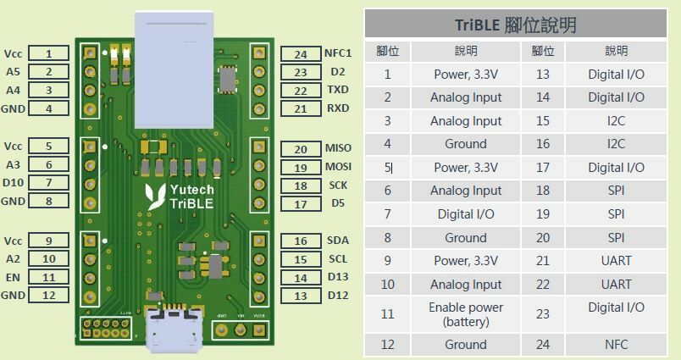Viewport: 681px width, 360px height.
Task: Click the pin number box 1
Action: point(49,54)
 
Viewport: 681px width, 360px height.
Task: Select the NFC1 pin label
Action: point(338,53)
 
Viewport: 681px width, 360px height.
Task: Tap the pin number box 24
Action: point(301,54)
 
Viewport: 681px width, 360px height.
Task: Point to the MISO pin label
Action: point(338,148)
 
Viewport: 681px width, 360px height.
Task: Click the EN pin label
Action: point(14,277)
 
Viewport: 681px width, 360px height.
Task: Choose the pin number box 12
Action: point(49,296)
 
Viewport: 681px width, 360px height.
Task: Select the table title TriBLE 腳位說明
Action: point(515,25)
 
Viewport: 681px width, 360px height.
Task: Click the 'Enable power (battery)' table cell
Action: point(465,314)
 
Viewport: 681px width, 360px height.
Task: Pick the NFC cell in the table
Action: point(616,345)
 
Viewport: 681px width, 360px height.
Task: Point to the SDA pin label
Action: point(337,241)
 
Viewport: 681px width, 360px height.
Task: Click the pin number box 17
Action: point(301,204)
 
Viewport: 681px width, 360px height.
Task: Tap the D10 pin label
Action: point(14,183)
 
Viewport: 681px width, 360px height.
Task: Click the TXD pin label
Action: point(338,90)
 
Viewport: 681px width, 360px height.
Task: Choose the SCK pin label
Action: point(337,186)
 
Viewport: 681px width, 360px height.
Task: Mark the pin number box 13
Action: point(301,296)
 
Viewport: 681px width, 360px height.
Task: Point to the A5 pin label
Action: point(13,72)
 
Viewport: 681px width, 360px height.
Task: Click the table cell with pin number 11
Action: point(387,314)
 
